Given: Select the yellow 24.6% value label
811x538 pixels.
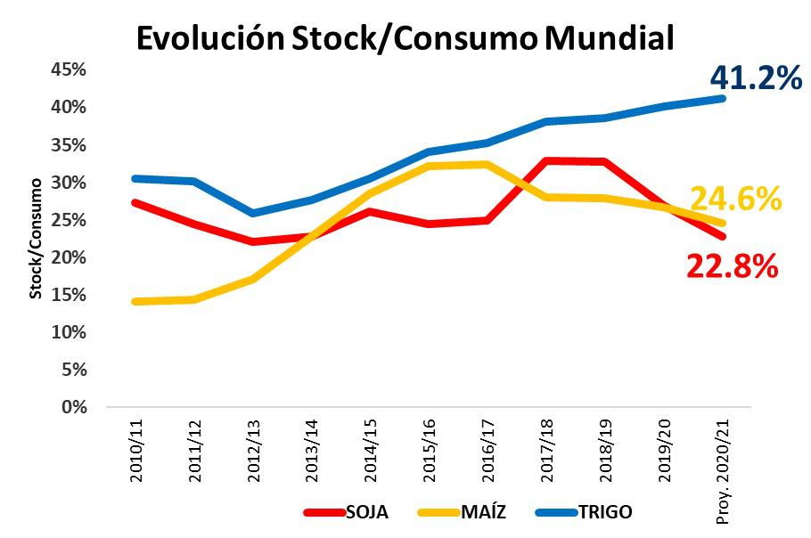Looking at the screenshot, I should tap(735, 199).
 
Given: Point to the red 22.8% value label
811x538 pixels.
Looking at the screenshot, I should tap(733, 265).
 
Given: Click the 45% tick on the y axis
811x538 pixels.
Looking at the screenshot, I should tap(70, 69).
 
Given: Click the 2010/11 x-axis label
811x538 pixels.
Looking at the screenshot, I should tap(136, 451).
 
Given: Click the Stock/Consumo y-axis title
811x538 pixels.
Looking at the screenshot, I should tap(37, 238).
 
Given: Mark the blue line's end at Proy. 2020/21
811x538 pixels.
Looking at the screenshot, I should tap(721, 98).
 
